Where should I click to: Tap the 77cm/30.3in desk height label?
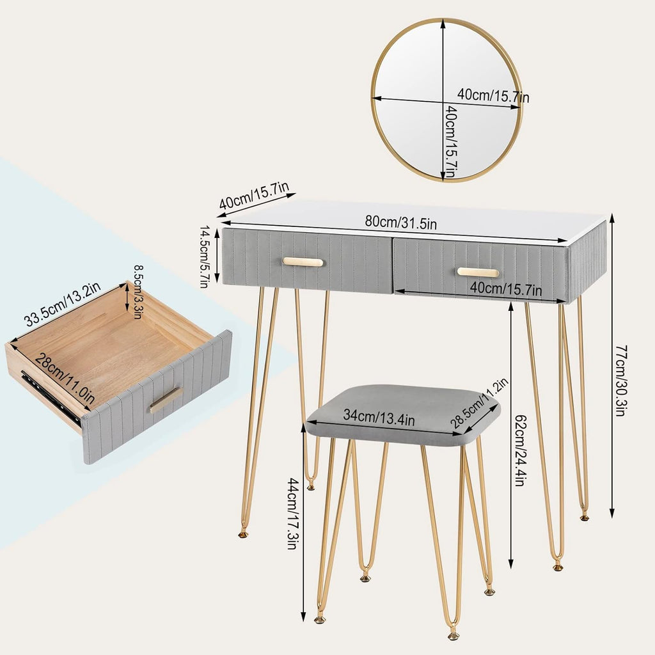click(x=620, y=381)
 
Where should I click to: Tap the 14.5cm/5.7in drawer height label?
click(x=203, y=256)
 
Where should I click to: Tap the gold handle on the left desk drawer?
click(x=303, y=262)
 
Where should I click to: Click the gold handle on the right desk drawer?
click(x=478, y=272)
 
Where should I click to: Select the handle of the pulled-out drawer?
click(x=165, y=400)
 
